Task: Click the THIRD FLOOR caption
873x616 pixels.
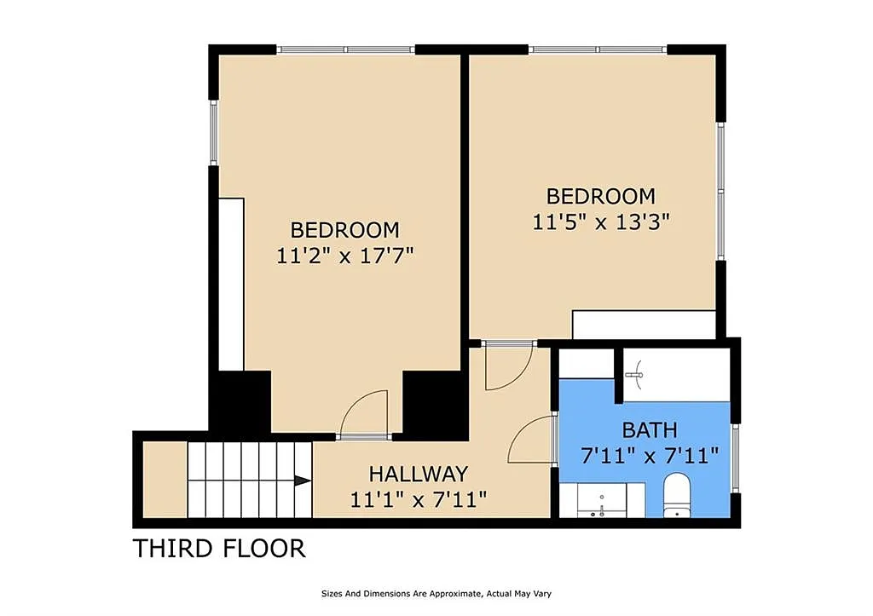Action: click(219, 549)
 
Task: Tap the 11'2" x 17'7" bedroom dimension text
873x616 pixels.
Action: click(345, 256)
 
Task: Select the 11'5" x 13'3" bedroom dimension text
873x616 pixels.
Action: click(601, 222)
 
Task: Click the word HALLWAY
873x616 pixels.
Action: click(418, 474)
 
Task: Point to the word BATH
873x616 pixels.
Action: click(650, 430)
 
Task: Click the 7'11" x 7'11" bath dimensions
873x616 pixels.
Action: click(650, 457)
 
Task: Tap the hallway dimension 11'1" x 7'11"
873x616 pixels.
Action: click(418, 499)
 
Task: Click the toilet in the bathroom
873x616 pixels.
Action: click(677, 495)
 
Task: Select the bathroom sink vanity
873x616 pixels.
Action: click(602, 500)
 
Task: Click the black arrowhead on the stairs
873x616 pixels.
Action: click(303, 481)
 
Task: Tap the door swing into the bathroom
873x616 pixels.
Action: click(530, 440)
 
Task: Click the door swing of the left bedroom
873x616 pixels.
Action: click(364, 412)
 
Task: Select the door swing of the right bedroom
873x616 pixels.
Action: click(508, 368)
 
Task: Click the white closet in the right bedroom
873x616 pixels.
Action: click(644, 325)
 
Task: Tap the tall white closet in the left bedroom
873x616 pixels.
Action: click(231, 284)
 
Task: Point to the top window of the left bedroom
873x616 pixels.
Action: click(346, 49)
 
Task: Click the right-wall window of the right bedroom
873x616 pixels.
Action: click(721, 191)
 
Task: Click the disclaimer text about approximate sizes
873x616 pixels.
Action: click(436, 594)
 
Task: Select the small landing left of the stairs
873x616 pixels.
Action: click(165, 480)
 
